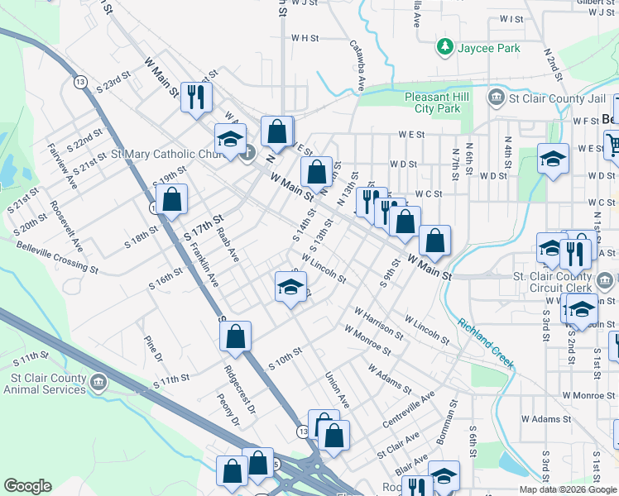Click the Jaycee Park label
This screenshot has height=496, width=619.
(489, 48)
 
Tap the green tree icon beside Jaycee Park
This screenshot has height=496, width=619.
(445, 46)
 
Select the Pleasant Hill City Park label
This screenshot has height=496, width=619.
(432, 103)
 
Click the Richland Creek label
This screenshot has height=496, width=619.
(487, 342)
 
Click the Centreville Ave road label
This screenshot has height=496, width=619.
(409, 410)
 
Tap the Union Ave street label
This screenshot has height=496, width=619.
(337, 389)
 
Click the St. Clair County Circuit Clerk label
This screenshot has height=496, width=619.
(564, 282)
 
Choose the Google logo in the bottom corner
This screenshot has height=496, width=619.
(28, 486)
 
